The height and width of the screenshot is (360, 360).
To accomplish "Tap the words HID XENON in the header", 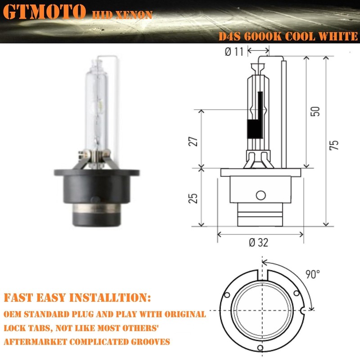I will pyautogui.click(x=122, y=15).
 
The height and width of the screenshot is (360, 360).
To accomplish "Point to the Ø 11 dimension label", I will pyautogui.click(x=234, y=52).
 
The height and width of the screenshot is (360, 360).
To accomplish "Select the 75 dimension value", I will pyautogui.click(x=333, y=145).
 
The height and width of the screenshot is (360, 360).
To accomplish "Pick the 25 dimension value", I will pyautogui.click(x=193, y=198).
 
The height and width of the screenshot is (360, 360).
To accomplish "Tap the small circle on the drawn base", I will pyautogui.click(x=260, y=195).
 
